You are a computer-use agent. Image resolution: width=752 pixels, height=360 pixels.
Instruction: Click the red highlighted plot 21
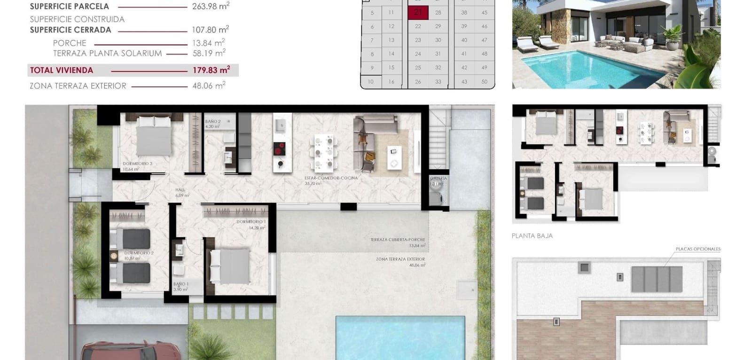click(x=418, y=13)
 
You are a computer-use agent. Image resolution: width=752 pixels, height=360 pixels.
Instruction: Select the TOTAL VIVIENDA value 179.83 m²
click(x=211, y=70)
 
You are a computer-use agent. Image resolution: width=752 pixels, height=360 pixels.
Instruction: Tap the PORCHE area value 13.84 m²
click(x=208, y=43)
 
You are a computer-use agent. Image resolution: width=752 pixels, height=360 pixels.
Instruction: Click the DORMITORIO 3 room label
click(x=137, y=164)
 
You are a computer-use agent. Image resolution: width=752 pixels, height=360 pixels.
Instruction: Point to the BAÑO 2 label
click(x=213, y=122)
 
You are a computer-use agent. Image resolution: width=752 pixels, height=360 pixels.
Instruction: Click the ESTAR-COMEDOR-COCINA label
click(x=331, y=178)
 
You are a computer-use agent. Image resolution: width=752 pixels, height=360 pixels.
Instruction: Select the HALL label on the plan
click(x=180, y=190)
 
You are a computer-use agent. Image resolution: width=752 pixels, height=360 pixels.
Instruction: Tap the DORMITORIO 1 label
click(x=251, y=222)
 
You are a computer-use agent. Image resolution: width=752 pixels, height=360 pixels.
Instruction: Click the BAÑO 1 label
click(x=180, y=284)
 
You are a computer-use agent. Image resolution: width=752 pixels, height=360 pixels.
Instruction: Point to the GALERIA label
click(x=439, y=179)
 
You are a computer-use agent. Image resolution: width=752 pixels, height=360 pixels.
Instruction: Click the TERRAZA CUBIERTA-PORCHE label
click(x=397, y=240)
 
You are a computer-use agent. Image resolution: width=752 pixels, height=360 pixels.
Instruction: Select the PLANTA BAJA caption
click(x=532, y=236)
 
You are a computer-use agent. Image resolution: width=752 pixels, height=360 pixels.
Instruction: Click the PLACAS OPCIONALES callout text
click(x=697, y=249)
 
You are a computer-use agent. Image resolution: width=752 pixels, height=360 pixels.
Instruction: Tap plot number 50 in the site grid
click(x=484, y=82)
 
